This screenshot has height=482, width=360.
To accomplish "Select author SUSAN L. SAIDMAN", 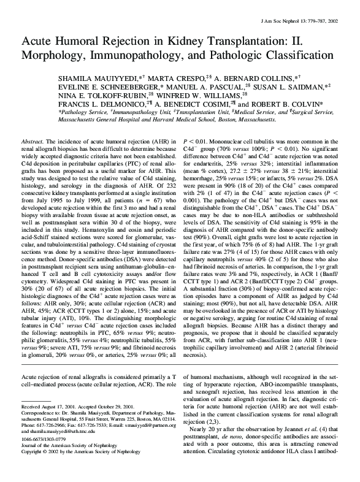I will point(293,87).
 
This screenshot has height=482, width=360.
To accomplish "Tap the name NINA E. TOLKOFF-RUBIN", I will point(109,96).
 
